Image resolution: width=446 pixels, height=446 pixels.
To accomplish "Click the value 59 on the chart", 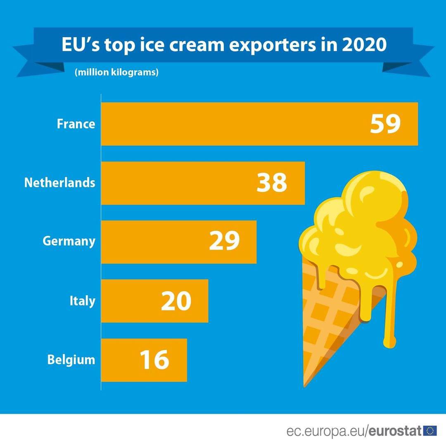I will pos(385,124).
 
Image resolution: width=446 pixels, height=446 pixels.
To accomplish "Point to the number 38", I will pos(272,183).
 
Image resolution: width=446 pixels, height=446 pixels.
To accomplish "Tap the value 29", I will pos(224,242).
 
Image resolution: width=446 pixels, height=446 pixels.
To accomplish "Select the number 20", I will pos(176,301).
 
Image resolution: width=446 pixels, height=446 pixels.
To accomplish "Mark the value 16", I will pos(154,360).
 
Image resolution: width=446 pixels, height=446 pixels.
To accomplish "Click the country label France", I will pos(76,124).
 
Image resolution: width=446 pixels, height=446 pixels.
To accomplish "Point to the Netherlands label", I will pos(60,183).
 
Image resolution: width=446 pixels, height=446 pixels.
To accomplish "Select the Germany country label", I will pos(69,241).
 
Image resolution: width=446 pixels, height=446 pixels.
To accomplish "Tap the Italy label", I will pos(82,301).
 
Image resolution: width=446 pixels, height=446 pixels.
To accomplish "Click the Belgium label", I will pos(71,360).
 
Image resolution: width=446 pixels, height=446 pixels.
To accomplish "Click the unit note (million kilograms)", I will pos(117,72).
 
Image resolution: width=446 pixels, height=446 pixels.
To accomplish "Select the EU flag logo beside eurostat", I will pos(429,431).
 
